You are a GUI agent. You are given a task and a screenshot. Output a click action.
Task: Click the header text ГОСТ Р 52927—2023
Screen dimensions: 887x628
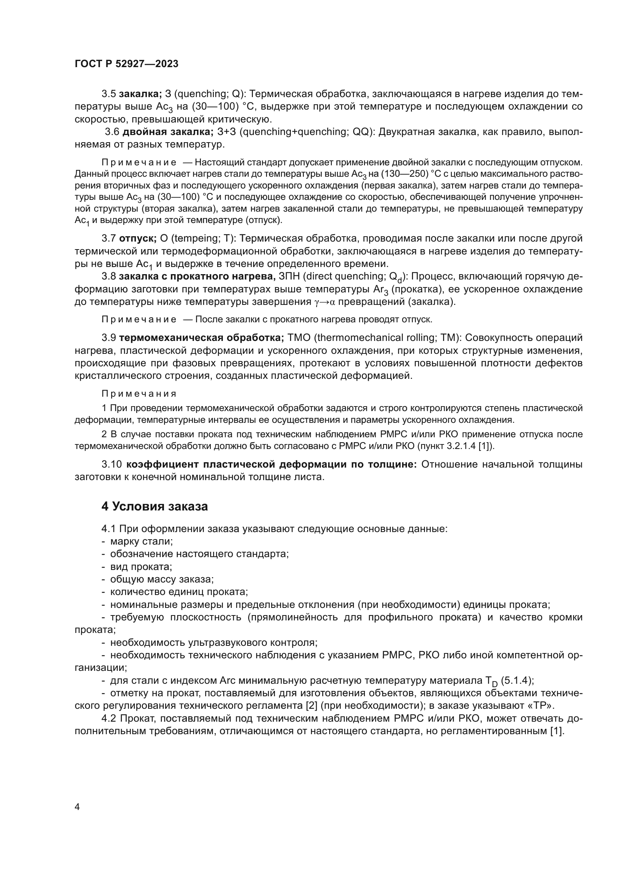click(x=126, y=64)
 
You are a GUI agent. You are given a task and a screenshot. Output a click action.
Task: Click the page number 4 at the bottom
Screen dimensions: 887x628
click(x=77, y=807)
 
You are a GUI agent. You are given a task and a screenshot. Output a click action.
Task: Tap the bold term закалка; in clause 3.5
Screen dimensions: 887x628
click(x=140, y=94)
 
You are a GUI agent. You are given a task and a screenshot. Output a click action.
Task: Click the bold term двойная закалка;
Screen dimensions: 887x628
click(x=168, y=132)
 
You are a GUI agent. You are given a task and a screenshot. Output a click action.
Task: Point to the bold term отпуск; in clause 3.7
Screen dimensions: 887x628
click(x=138, y=238)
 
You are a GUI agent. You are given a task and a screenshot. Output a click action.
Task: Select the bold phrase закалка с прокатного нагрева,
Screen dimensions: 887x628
click(x=197, y=276)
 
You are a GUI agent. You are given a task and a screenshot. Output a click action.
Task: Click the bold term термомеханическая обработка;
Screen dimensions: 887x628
click(x=202, y=338)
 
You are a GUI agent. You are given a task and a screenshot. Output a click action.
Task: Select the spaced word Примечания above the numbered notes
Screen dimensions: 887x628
click(x=139, y=394)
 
